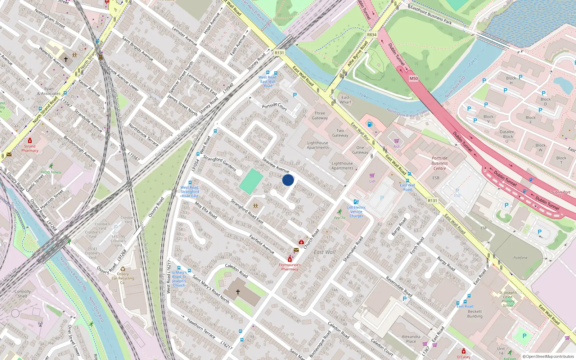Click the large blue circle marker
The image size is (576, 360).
tap(288, 180)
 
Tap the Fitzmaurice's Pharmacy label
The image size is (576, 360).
tap(290, 267)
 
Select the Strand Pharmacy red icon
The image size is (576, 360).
tap(30, 140)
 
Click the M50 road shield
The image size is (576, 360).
tap(414, 78)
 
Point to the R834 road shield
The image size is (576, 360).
tap(372, 35)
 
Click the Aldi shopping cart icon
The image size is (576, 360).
tap(396, 141)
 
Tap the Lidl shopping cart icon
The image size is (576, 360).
tap(372, 176)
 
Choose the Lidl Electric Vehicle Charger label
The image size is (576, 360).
tap(356, 212)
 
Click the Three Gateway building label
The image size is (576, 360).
tap(320, 116)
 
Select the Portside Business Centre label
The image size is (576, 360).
tap(440, 163)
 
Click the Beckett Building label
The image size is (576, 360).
tap(475, 314)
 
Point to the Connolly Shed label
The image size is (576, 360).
tap(23, 294)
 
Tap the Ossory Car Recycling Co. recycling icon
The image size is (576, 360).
tap(123, 269)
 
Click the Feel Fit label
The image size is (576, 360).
tap(339, 218)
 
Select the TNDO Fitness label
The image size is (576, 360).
tap(51, 172)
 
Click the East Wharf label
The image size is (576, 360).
tap(345, 100)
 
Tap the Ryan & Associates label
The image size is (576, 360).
tap(49, 91)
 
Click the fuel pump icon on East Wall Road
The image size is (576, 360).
tap(370, 125)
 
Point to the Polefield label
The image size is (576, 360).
tap(520, 258)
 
